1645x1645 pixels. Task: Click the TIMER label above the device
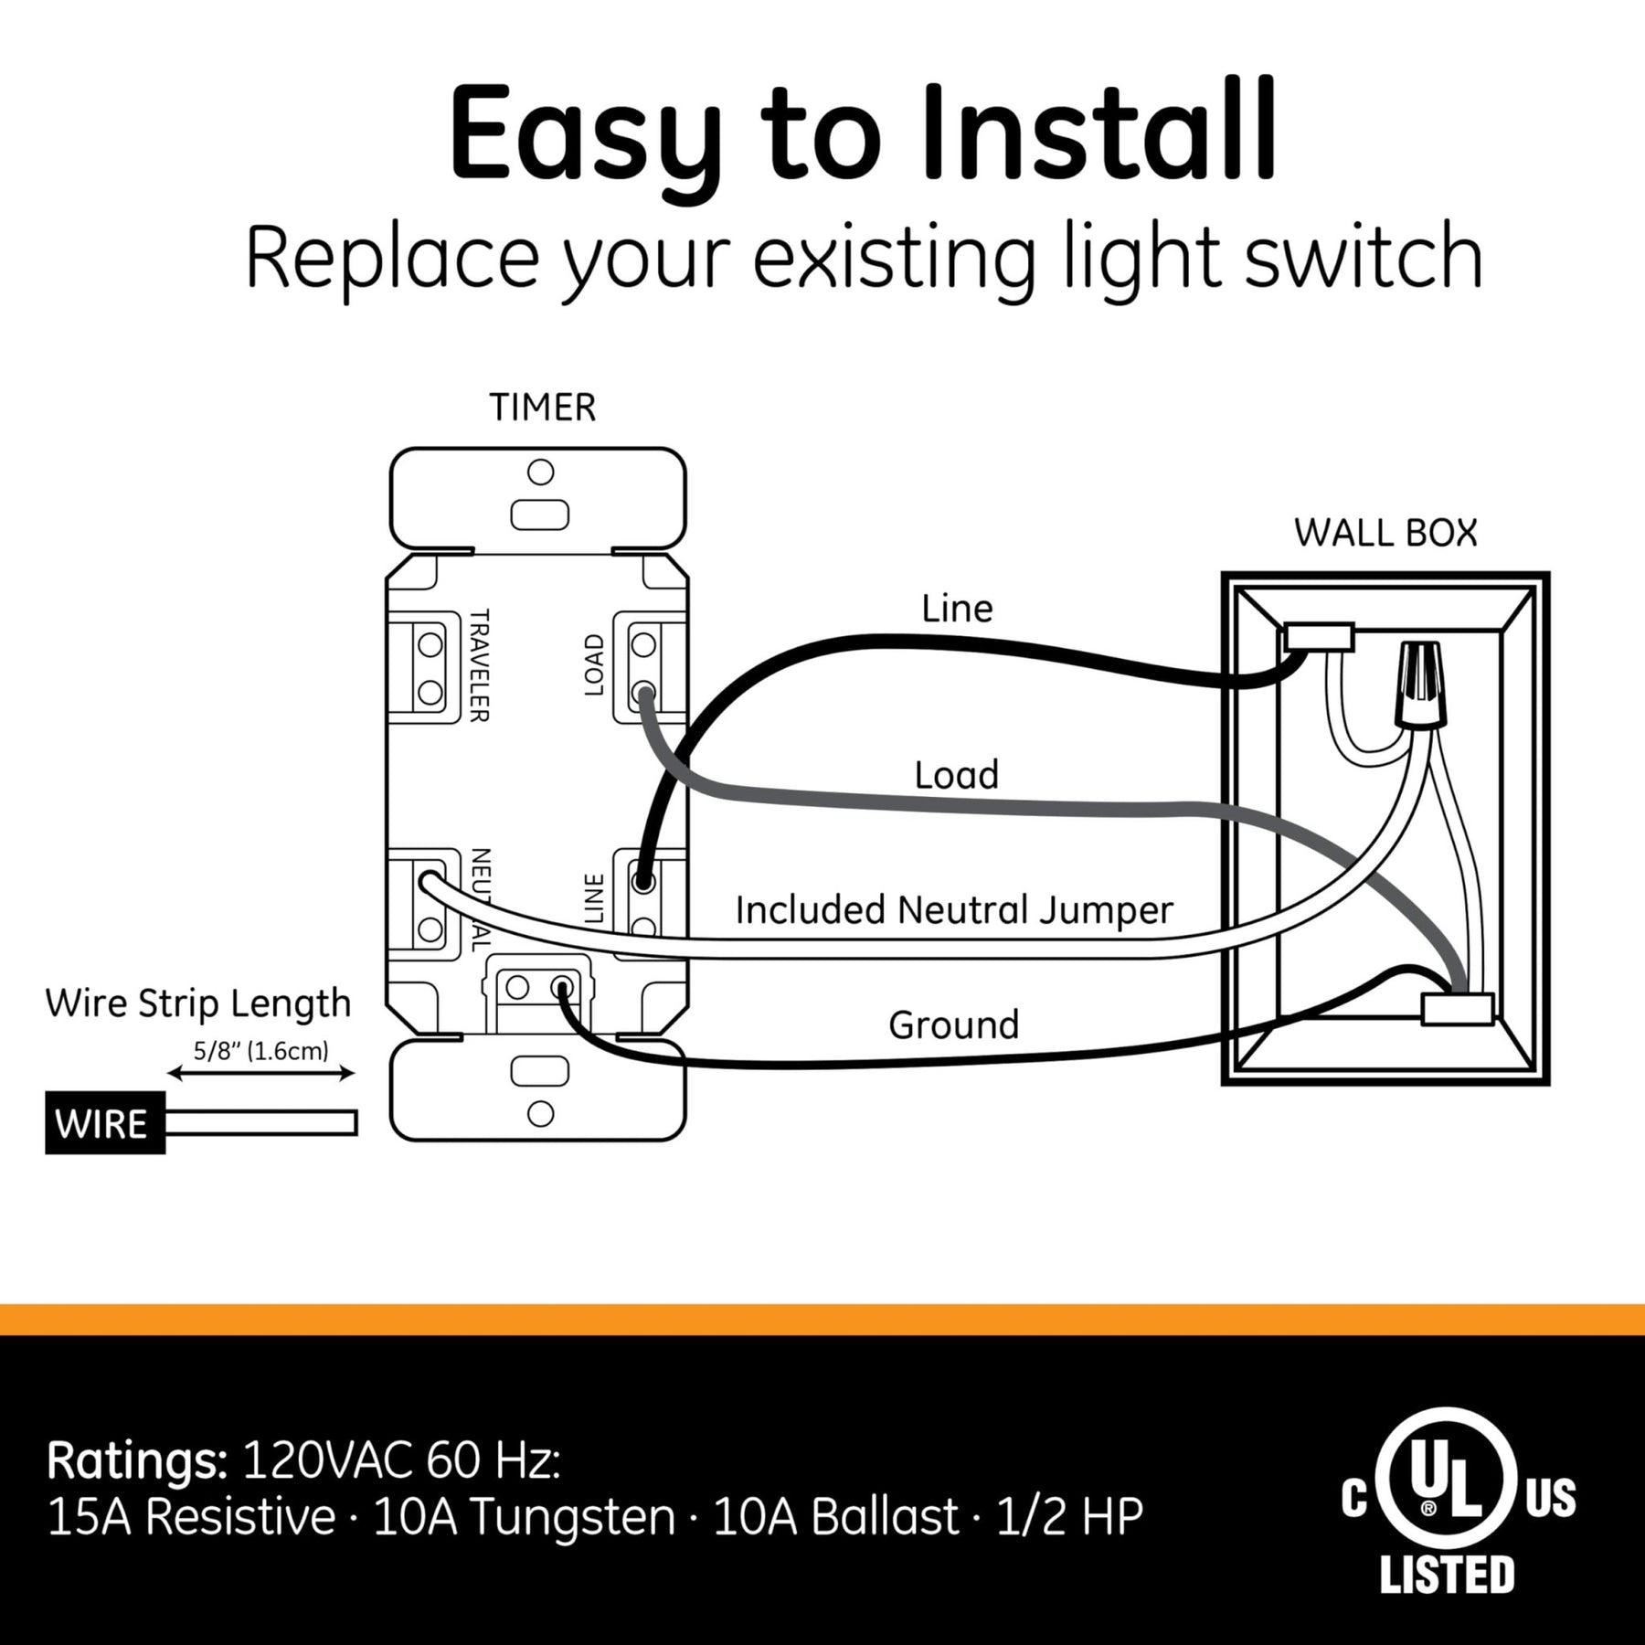(542, 408)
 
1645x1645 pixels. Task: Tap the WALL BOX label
(1385, 533)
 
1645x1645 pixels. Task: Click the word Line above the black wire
(957, 609)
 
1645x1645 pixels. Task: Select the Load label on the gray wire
(957, 775)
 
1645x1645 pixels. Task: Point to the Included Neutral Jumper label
(954, 910)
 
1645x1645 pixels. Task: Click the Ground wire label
(953, 1024)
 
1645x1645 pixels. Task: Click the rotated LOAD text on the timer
(594, 665)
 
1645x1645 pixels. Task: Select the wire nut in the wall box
(1419, 684)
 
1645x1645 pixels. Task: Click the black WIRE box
(105, 1123)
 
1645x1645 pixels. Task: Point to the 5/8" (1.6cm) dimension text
(260, 1051)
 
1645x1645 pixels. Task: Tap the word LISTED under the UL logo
(1447, 1575)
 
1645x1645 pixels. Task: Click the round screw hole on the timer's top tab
(541, 472)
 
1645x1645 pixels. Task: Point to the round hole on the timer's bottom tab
(541, 1113)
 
